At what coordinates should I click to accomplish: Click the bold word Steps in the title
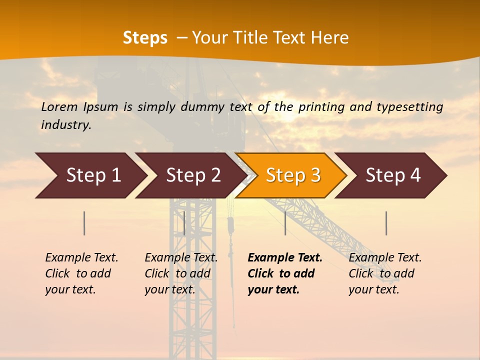pyautogui.click(x=145, y=38)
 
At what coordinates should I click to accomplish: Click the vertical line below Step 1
pyautogui.click(x=84, y=223)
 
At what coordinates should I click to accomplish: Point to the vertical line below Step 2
pyautogui.click(x=184, y=223)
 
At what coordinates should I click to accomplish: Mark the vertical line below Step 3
pyautogui.click(x=285, y=223)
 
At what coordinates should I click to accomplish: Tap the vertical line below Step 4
pyautogui.click(x=386, y=223)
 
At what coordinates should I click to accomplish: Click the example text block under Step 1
pyautogui.click(x=81, y=273)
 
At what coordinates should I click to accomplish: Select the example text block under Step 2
pyautogui.click(x=181, y=273)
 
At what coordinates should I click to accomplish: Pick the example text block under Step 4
pyautogui.click(x=385, y=273)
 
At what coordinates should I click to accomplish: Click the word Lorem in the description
pyautogui.click(x=59, y=107)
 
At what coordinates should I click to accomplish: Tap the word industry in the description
pyautogui.click(x=65, y=125)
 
